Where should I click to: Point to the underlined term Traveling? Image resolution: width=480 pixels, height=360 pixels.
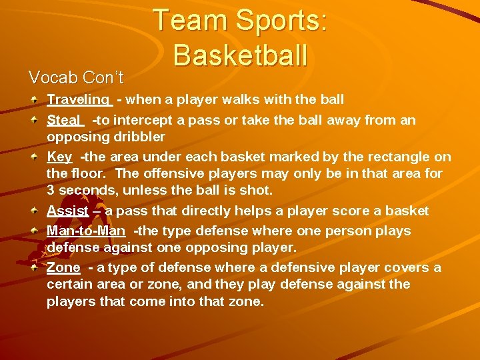tap(78, 100)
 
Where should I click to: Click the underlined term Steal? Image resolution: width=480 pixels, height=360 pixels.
tap(63, 120)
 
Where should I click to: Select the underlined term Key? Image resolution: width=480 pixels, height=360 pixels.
tap(59, 157)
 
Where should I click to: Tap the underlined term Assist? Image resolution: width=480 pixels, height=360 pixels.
tap(67, 211)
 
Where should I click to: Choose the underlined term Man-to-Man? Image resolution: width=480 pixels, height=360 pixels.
tap(86, 231)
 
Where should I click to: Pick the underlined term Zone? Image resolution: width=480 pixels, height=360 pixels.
tap(63, 268)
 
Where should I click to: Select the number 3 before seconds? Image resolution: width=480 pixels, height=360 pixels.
tap(51, 191)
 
